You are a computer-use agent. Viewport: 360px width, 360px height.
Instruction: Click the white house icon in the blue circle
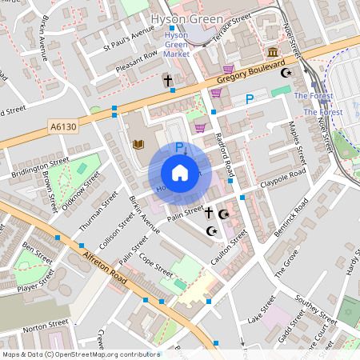pyautogui.click(x=180, y=172)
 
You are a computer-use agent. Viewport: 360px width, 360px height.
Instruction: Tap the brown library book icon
pyautogui.click(x=138, y=145)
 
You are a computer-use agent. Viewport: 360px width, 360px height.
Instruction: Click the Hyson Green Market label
pyautogui.click(x=176, y=45)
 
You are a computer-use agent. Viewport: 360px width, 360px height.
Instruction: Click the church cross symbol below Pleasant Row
pyautogui.click(x=168, y=81)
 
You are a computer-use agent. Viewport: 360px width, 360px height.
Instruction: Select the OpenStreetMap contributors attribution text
pyautogui.click(x=80, y=354)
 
